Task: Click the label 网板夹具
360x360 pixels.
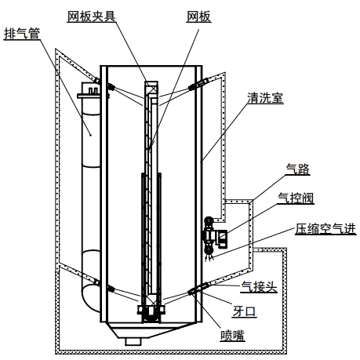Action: [91, 16]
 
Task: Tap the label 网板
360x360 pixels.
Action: [198, 16]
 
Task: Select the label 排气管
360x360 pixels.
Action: [22, 34]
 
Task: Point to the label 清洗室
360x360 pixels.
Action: [265, 98]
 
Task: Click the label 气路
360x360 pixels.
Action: [298, 169]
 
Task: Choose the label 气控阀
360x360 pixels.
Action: [296, 198]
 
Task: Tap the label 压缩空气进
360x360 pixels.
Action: [325, 229]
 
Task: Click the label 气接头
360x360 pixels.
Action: [259, 287]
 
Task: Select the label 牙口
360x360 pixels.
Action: [244, 311]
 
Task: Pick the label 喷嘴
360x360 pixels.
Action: [232, 336]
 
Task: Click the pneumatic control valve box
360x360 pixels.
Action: [222, 238]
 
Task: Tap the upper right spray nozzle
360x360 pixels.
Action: [195, 85]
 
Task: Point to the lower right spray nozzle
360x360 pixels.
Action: [195, 290]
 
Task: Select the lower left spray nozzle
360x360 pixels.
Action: [111, 289]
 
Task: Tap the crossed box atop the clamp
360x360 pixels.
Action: [151, 88]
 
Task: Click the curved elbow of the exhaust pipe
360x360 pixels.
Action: [91, 298]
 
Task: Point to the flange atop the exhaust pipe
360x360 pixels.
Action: [89, 96]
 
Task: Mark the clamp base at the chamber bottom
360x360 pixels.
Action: [151, 314]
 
